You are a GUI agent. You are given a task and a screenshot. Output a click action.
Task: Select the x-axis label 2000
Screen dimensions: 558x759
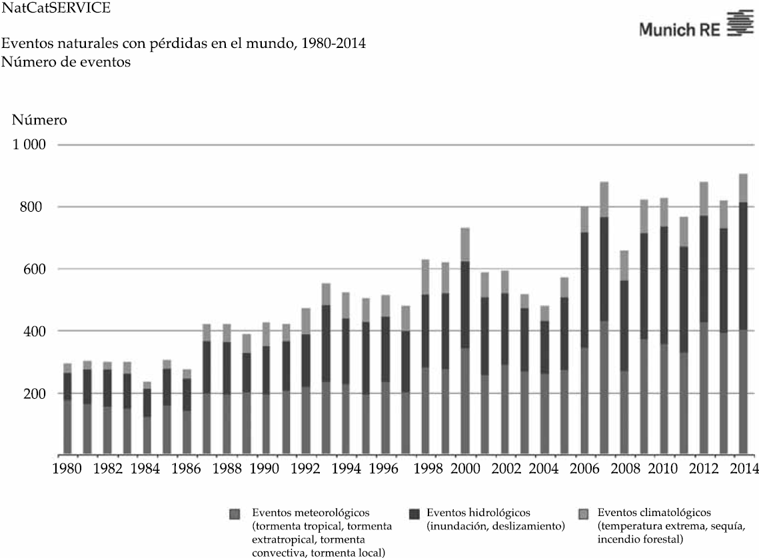point(464,469)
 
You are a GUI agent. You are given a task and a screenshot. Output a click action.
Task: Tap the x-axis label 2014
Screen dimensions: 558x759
point(742,469)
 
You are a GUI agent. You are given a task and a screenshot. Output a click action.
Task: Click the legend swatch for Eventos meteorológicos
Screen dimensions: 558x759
point(233,514)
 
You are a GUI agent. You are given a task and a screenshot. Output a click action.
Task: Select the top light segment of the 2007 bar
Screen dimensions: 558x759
point(604,199)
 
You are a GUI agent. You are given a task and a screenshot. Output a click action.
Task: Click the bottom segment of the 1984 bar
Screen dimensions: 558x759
point(147,435)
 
